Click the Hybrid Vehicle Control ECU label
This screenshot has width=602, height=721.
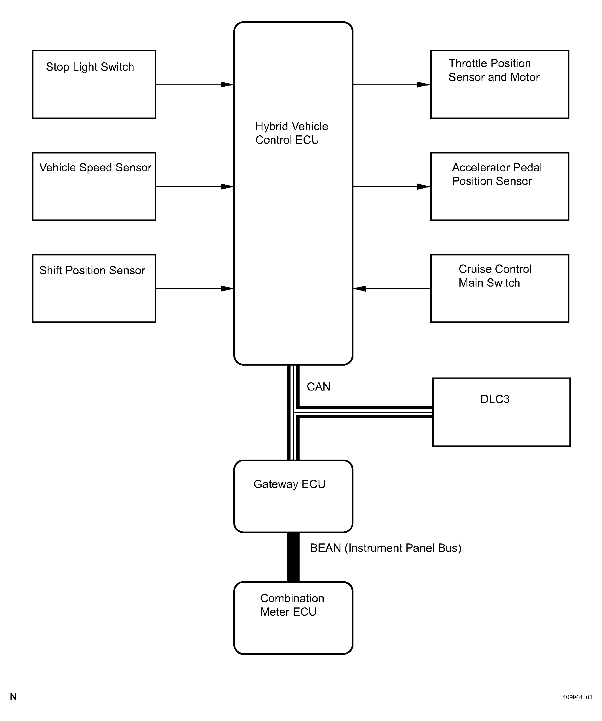click(x=292, y=133)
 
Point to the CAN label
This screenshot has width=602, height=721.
click(x=319, y=387)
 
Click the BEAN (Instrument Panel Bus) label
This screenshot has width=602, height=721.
click(x=385, y=548)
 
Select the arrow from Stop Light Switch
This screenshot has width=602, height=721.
click(x=194, y=84)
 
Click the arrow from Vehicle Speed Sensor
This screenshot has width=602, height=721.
click(x=194, y=186)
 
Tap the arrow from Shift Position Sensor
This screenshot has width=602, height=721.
click(x=194, y=288)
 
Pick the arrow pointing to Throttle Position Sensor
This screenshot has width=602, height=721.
click(x=392, y=84)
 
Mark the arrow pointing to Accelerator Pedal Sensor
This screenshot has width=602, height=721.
click(x=392, y=186)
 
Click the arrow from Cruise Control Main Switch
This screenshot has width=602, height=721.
click(x=392, y=288)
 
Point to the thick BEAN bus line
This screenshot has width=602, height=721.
click(x=293, y=557)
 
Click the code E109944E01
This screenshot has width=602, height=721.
click(x=576, y=697)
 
